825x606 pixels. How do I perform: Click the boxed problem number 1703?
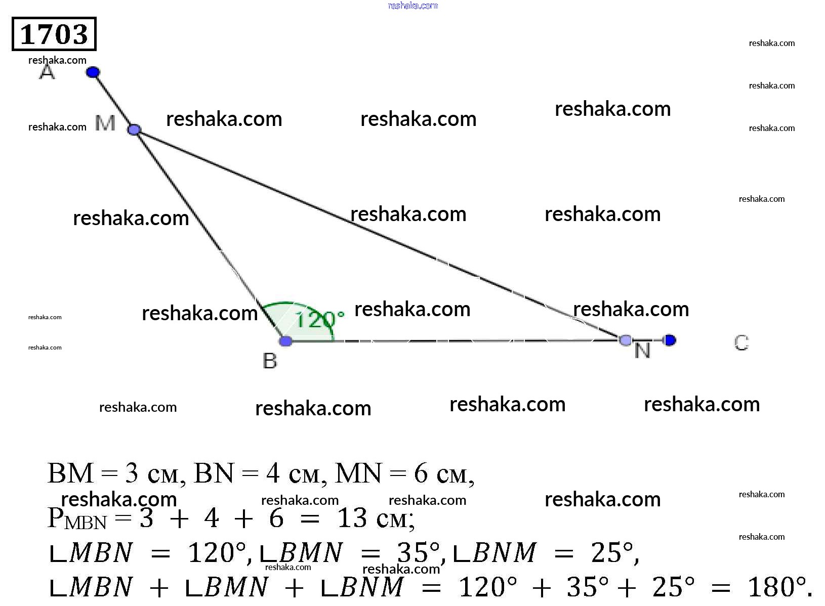coord(54,34)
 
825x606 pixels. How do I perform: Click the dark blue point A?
coord(93,72)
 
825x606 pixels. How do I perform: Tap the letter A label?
coord(47,72)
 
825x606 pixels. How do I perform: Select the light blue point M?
coord(134,129)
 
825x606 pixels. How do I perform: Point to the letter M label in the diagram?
coord(105,123)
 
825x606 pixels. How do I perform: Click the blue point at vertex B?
coord(285,341)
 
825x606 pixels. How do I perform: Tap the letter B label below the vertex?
coord(270,361)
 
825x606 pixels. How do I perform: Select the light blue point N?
coord(626,340)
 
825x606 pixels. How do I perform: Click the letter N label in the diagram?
coord(642,351)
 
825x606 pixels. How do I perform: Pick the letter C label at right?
coord(741,343)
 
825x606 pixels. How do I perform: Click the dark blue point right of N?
coord(670,340)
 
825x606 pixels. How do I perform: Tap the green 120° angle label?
coord(319,320)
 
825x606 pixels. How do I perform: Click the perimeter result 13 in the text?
coord(352,518)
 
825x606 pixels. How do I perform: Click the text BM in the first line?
coord(70,474)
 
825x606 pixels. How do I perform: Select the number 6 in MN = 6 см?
coord(421,474)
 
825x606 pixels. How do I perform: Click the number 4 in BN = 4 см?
coord(273,474)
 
